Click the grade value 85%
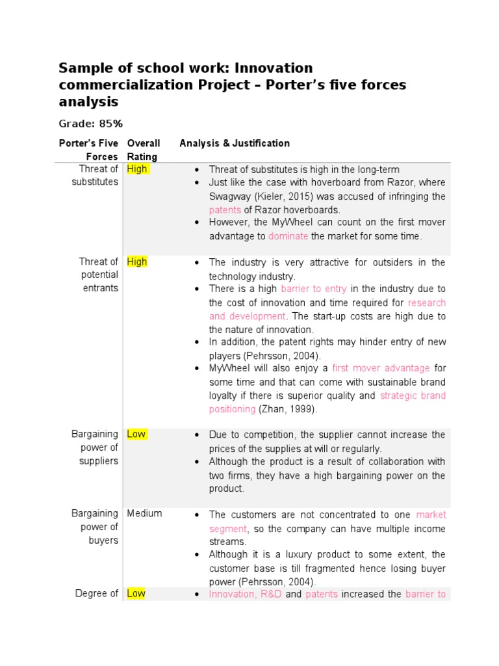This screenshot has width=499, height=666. click(x=110, y=124)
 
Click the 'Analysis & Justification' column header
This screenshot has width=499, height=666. click(x=235, y=143)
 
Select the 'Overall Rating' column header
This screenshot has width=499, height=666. click(x=143, y=150)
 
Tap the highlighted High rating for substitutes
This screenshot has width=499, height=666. click(x=137, y=169)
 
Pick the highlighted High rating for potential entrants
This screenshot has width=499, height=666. click(x=137, y=261)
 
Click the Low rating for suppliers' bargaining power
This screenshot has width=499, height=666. click(x=136, y=434)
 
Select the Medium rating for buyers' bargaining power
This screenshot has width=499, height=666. click(x=144, y=513)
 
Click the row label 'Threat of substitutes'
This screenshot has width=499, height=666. click(x=95, y=176)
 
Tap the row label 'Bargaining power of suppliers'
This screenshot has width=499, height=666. click(x=96, y=447)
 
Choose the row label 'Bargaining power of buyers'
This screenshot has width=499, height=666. click(x=96, y=527)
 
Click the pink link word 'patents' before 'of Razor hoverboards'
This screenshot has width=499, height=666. click(x=225, y=210)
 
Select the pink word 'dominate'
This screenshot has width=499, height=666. click(x=288, y=236)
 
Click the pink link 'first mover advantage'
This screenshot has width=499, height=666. click(x=381, y=368)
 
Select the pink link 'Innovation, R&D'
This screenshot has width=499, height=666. click(x=245, y=594)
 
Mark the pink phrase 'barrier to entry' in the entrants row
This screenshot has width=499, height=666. click(x=314, y=289)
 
